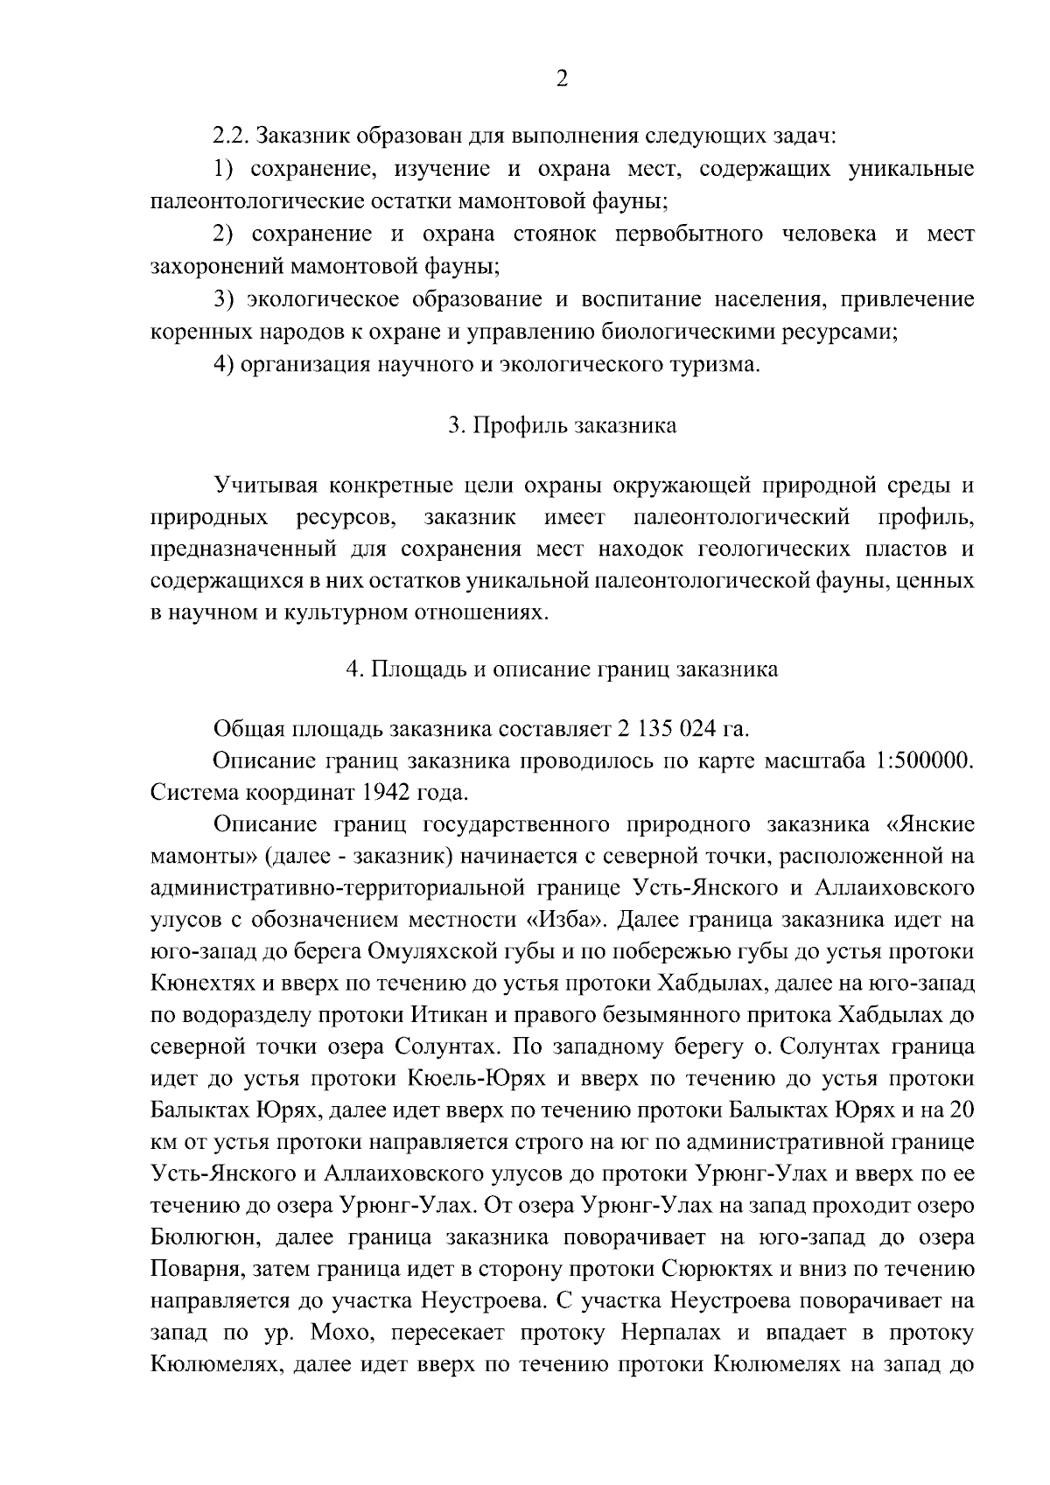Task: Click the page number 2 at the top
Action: coord(562,79)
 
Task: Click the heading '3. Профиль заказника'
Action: coord(562,426)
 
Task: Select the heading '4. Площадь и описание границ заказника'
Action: coord(562,669)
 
